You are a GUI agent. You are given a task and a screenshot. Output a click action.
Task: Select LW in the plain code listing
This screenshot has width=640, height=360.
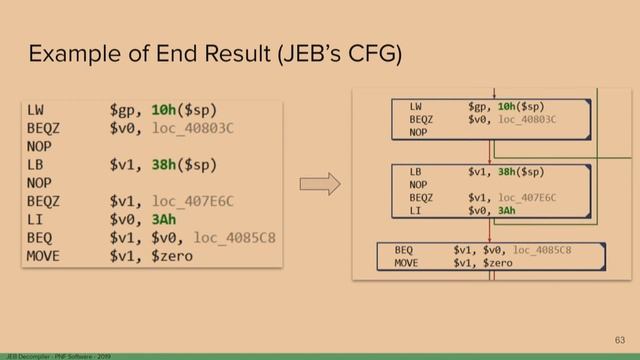pyautogui.click(x=36, y=108)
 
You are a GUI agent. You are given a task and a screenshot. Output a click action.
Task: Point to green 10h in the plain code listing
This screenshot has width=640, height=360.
pyautogui.click(x=163, y=108)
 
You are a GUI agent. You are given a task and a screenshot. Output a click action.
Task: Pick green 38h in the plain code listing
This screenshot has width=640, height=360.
pyautogui.click(x=164, y=164)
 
